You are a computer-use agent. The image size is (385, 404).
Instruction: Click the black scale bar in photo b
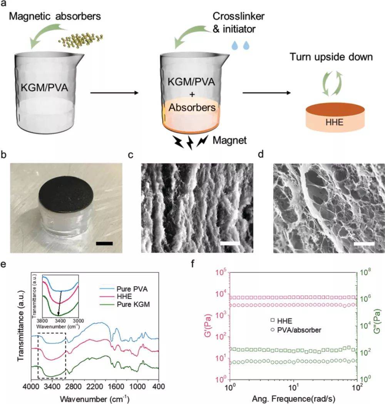point(105,243)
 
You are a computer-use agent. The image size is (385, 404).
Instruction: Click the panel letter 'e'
point(4,264)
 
